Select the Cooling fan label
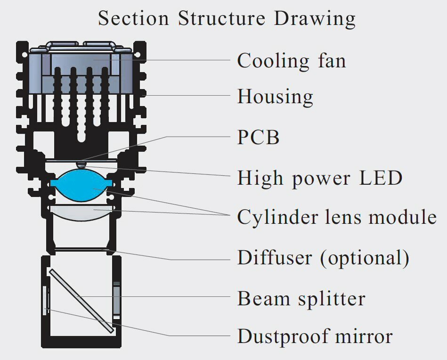pyautogui.click(x=291, y=61)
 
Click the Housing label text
pyautogui.click(x=275, y=97)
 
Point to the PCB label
pyautogui.click(x=259, y=138)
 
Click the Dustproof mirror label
pyautogui.click(x=315, y=337)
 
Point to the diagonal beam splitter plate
pyautogui.click(x=81, y=300)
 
